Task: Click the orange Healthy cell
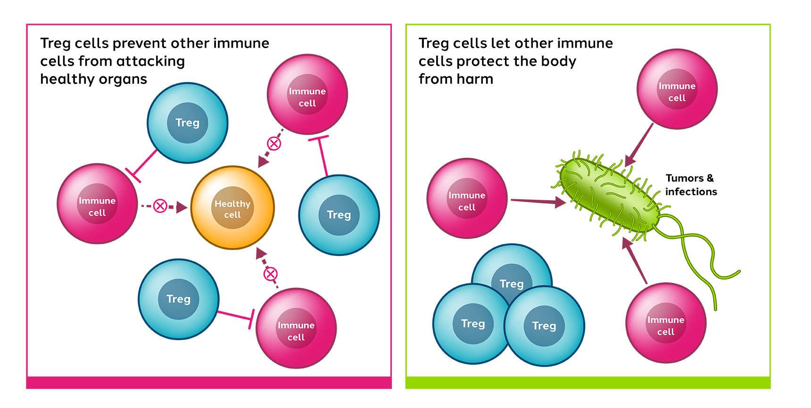[232, 208]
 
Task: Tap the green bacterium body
[609, 194]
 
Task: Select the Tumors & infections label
[691, 185]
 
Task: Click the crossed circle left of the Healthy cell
[160, 206]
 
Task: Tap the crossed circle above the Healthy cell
[274, 143]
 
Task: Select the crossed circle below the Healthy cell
[271, 274]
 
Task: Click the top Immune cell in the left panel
[307, 94]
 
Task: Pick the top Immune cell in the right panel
[677, 89]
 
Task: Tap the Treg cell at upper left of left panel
[188, 123]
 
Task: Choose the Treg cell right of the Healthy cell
[339, 215]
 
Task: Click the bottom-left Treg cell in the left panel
[179, 299]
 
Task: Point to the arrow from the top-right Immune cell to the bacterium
[639, 145]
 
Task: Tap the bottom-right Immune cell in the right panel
[666, 323]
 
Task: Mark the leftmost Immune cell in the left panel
[97, 204]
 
